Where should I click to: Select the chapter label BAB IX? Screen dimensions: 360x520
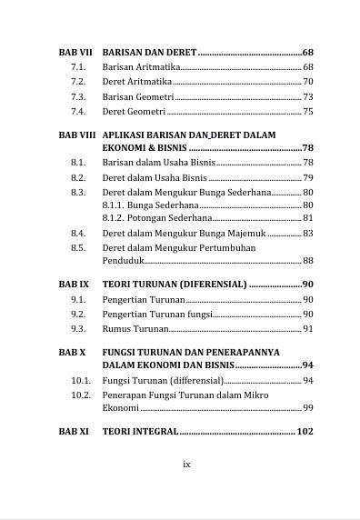pos(73,285)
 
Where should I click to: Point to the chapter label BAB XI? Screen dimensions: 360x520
pos(73,431)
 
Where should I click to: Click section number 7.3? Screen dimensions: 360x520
pos(78,96)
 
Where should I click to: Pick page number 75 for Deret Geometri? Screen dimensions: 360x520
pos(307,112)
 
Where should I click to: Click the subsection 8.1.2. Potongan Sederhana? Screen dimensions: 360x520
pos(156,218)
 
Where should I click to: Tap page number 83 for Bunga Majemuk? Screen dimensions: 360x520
pos(307,234)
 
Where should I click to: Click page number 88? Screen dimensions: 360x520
pos(307,261)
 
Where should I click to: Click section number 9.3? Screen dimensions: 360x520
pos(78,328)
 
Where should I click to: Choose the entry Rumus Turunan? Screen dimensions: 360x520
pos(135,328)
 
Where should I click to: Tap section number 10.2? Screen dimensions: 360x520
pos(81,395)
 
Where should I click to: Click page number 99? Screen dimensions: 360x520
pos(307,408)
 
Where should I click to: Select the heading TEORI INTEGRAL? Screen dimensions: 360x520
pos(140,431)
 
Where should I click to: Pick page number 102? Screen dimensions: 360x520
pos(305,431)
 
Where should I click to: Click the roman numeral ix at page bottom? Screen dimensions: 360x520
pos(186,464)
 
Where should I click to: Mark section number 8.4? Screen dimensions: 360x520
pos(78,234)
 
